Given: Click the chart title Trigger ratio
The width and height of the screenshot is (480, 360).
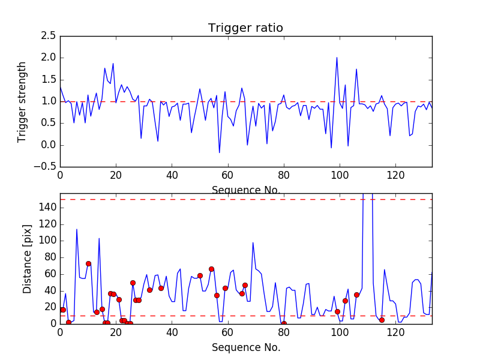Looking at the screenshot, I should [x=245, y=28].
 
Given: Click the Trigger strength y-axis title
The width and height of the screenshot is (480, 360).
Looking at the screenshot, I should [x=22, y=101].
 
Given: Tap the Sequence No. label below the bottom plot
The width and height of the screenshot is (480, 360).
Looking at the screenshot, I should [x=245, y=347].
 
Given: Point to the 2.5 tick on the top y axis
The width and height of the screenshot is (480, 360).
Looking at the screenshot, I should [x=48, y=36].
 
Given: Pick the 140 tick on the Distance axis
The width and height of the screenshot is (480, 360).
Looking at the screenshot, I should [x=48, y=207].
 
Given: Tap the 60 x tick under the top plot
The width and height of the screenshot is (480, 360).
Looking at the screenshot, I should [x=227, y=176].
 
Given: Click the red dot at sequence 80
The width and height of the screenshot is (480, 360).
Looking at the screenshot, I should [x=284, y=323].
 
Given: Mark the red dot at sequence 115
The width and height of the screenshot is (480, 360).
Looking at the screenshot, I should [x=382, y=320].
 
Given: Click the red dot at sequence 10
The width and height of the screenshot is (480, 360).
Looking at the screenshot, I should [x=88, y=263].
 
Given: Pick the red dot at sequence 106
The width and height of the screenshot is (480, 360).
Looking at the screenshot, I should [x=356, y=295].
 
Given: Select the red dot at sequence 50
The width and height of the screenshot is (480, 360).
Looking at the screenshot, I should [x=200, y=276].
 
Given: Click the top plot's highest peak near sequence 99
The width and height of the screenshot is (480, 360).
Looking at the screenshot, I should [x=337, y=58].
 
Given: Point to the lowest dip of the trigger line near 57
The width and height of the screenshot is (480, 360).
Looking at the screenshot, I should [x=219, y=152].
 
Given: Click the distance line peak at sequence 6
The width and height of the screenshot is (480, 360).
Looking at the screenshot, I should [x=77, y=229].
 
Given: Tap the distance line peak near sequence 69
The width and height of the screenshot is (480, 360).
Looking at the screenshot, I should [x=253, y=242].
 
